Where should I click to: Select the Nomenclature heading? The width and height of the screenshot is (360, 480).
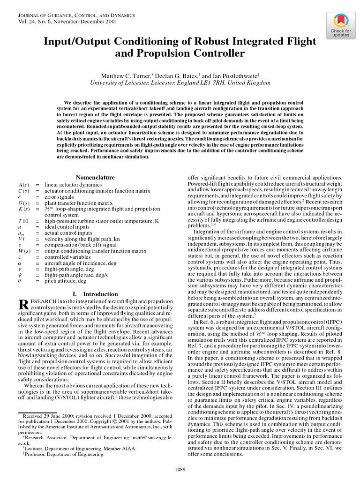(95, 178)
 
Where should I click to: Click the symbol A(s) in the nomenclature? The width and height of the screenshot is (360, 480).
(23, 185)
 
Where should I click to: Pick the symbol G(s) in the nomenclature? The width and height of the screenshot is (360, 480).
(23, 203)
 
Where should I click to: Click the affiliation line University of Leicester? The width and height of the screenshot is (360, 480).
(180, 83)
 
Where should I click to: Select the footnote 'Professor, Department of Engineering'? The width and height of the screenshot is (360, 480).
(61, 454)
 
